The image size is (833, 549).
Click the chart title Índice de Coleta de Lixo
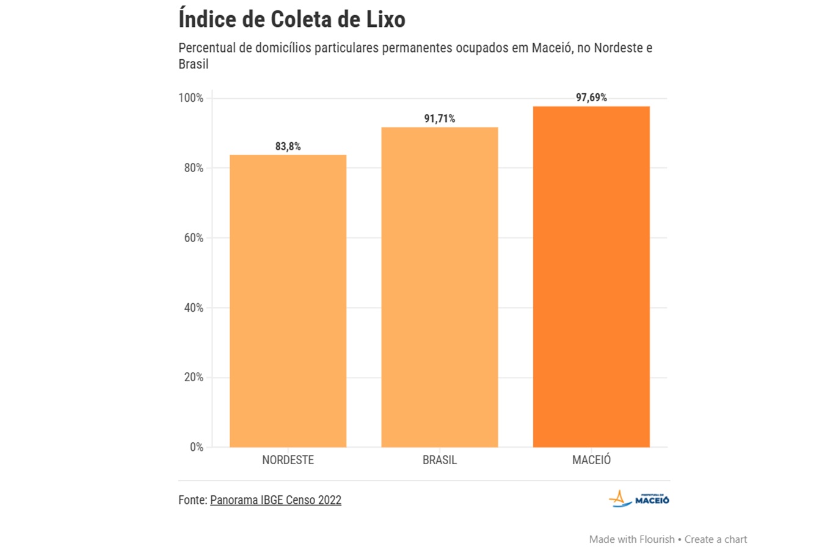(x=292, y=20)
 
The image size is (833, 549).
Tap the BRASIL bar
(x=440, y=287)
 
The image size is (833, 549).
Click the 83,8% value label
(x=288, y=146)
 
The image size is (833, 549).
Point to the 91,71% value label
(x=440, y=119)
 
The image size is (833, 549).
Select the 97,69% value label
(x=591, y=98)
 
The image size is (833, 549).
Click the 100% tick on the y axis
(x=191, y=98)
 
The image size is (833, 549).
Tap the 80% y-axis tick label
(x=194, y=168)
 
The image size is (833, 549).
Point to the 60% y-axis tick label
(x=194, y=238)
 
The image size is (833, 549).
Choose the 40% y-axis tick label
(x=194, y=307)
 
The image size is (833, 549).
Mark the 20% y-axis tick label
(x=194, y=378)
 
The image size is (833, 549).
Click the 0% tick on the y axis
(x=196, y=447)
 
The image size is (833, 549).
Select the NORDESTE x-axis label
(x=288, y=460)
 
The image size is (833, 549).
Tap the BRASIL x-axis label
(x=440, y=460)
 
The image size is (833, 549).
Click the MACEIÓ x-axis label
(x=591, y=460)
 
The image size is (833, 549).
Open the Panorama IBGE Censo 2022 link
(x=275, y=500)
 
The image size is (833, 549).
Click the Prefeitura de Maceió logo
(x=639, y=499)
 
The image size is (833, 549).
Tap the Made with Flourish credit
(x=631, y=539)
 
